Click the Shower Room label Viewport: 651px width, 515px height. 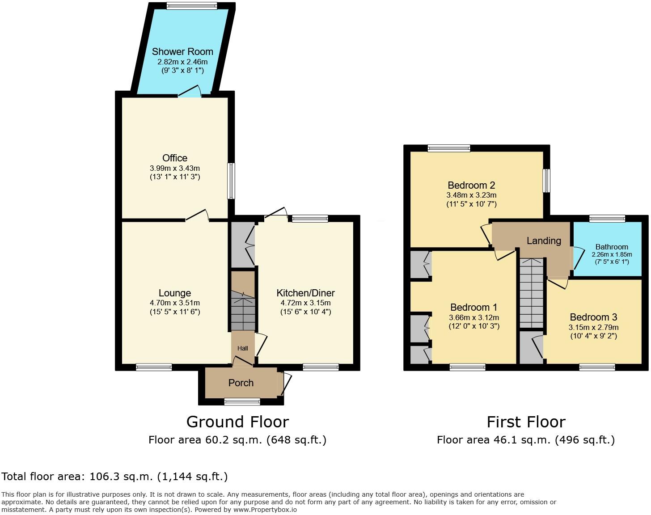(x=182, y=51)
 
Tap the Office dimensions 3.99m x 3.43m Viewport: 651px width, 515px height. (x=175, y=168)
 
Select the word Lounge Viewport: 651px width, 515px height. (x=175, y=293)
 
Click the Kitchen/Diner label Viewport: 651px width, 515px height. (x=305, y=293)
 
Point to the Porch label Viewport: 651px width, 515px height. (x=241, y=383)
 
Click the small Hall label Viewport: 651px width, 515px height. (x=243, y=348)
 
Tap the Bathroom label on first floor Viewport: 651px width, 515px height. (x=612, y=247)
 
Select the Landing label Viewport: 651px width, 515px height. (x=544, y=241)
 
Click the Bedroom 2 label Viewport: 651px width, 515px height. (x=471, y=185)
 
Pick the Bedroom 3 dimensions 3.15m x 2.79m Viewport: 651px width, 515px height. (x=593, y=327)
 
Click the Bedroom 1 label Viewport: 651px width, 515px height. (x=473, y=307)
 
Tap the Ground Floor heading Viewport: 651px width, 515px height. (x=237, y=422)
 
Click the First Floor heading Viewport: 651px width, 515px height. (x=526, y=422)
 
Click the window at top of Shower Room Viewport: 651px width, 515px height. (x=192, y=6)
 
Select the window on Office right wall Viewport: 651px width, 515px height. (x=231, y=181)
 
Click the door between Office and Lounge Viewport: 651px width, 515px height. (x=197, y=216)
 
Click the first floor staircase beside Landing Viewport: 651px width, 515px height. (x=532, y=293)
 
